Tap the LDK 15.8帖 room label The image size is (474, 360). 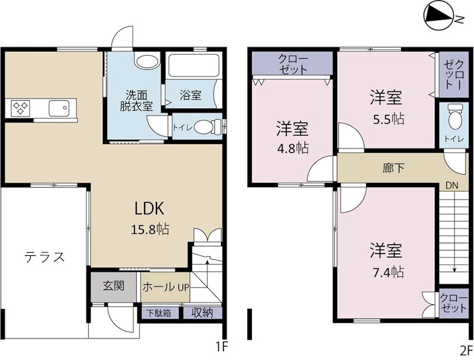tap(152, 217)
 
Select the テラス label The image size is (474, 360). tap(44, 256)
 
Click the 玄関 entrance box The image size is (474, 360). tap(114, 286)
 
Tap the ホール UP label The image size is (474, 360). tap(165, 287)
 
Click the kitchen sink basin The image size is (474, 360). tap(59, 108)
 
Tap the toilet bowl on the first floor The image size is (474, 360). tap(203, 126)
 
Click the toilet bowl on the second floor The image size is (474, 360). tap(454, 117)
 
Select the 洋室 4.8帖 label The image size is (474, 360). tap(292, 137)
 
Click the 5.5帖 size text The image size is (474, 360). tap(389, 118)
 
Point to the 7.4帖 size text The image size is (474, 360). tap(389, 272)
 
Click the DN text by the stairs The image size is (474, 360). tap(453, 185)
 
